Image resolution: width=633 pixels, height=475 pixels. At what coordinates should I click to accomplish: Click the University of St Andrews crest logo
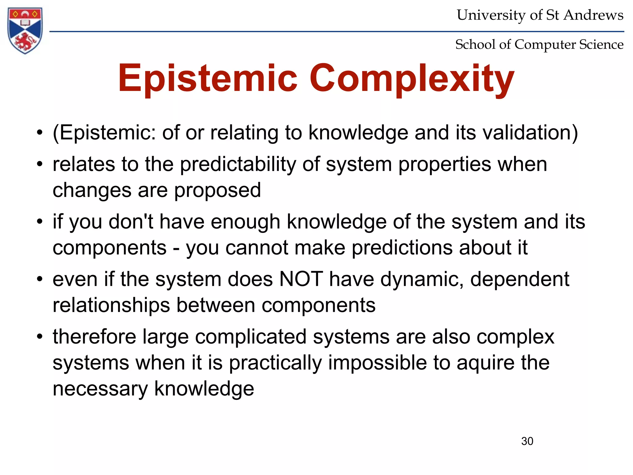25,30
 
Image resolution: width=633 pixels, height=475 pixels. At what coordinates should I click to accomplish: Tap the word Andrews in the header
593,15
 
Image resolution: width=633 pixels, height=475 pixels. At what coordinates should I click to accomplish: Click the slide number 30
527,441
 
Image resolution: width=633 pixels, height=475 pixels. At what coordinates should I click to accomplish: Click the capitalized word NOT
301,279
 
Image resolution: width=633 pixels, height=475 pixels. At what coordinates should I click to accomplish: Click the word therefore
94,337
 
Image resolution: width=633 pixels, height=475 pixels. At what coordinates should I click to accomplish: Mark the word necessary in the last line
100,389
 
